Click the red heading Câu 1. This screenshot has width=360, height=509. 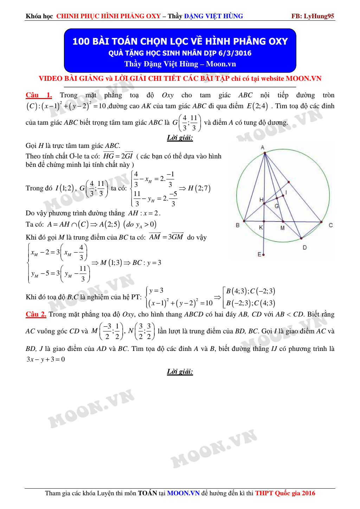pos(39,95)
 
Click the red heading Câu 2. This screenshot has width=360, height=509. pos(36,314)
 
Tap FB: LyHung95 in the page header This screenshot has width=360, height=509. pos(313,16)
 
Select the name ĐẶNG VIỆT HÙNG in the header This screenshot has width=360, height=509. pos(213,16)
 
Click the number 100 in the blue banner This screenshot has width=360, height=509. pos(81,41)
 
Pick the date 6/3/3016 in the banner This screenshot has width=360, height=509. pos(235,53)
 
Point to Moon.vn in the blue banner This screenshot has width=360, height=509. pos(221,64)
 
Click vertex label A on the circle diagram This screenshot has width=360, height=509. pos(262,148)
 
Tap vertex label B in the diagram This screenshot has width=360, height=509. pos(238,225)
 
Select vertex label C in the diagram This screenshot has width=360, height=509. pos(330,225)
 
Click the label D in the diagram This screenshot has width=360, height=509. pos(304,248)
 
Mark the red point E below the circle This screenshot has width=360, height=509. pos(263,254)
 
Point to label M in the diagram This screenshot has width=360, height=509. pos(282,228)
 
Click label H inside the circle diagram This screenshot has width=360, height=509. pos(261,200)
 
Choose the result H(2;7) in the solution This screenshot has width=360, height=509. pos(199,188)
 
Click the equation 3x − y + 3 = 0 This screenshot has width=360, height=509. pos(46,359)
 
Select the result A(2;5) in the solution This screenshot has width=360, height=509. pos(109,224)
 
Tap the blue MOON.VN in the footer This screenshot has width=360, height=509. pos(183,493)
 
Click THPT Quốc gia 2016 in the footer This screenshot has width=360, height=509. pos(285,493)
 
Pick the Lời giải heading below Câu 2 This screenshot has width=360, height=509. pos(180,372)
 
